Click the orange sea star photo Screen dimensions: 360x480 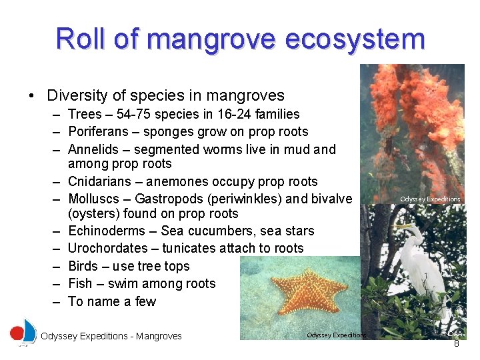pyautogui.click(x=313, y=293)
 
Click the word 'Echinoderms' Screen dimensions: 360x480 pyautogui.click(x=105, y=231)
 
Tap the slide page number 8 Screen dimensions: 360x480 pyautogui.click(x=456, y=344)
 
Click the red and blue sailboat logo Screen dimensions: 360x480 pyautogui.click(x=23, y=332)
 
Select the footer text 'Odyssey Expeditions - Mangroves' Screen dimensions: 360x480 pyautogui.click(x=111, y=336)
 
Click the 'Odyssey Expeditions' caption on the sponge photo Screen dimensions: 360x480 pyautogui.click(x=430, y=199)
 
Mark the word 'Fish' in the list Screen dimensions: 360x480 pyautogui.click(x=81, y=283)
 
